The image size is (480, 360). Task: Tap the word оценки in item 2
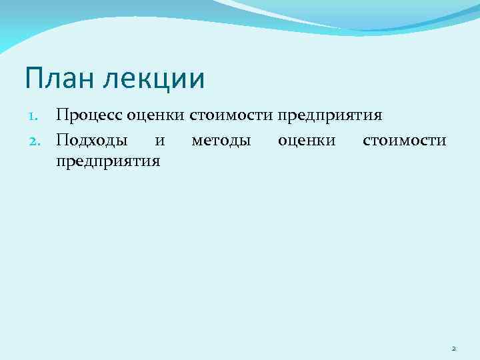pyautogui.click(x=307, y=140)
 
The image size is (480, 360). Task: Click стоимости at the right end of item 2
pyautogui.click(x=405, y=140)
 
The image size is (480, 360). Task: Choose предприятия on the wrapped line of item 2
pyautogui.click(x=108, y=161)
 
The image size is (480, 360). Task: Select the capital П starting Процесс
pyautogui.click(x=62, y=115)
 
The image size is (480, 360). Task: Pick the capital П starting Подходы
pyautogui.click(x=62, y=140)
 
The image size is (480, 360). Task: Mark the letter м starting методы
pyautogui.click(x=197, y=141)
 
